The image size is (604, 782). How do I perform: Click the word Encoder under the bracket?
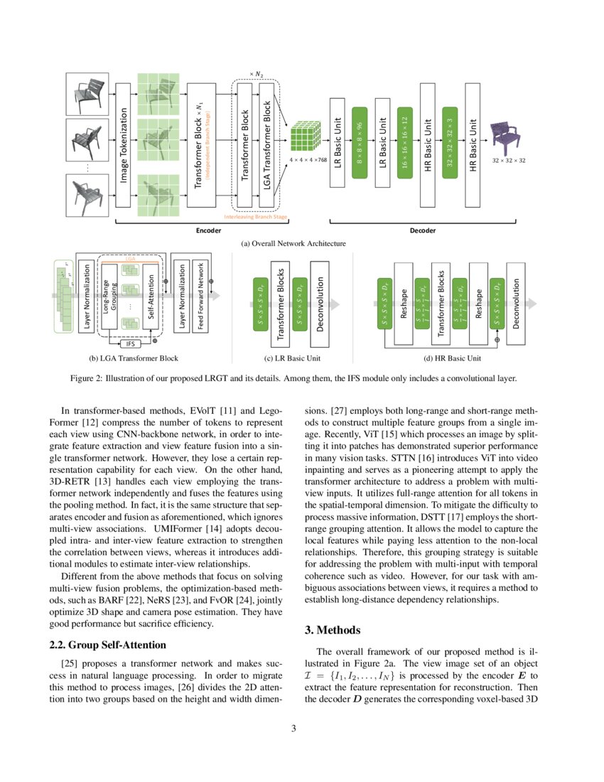click(x=208, y=231)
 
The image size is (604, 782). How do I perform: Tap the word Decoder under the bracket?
click(x=423, y=231)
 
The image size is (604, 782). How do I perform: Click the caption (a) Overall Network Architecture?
click(x=293, y=243)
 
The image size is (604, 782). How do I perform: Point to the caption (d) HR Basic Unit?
click(x=453, y=358)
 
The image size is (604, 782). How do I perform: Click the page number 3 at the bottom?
click(x=302, y=729)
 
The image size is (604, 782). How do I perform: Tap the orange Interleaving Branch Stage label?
click(x=255, y=216)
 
